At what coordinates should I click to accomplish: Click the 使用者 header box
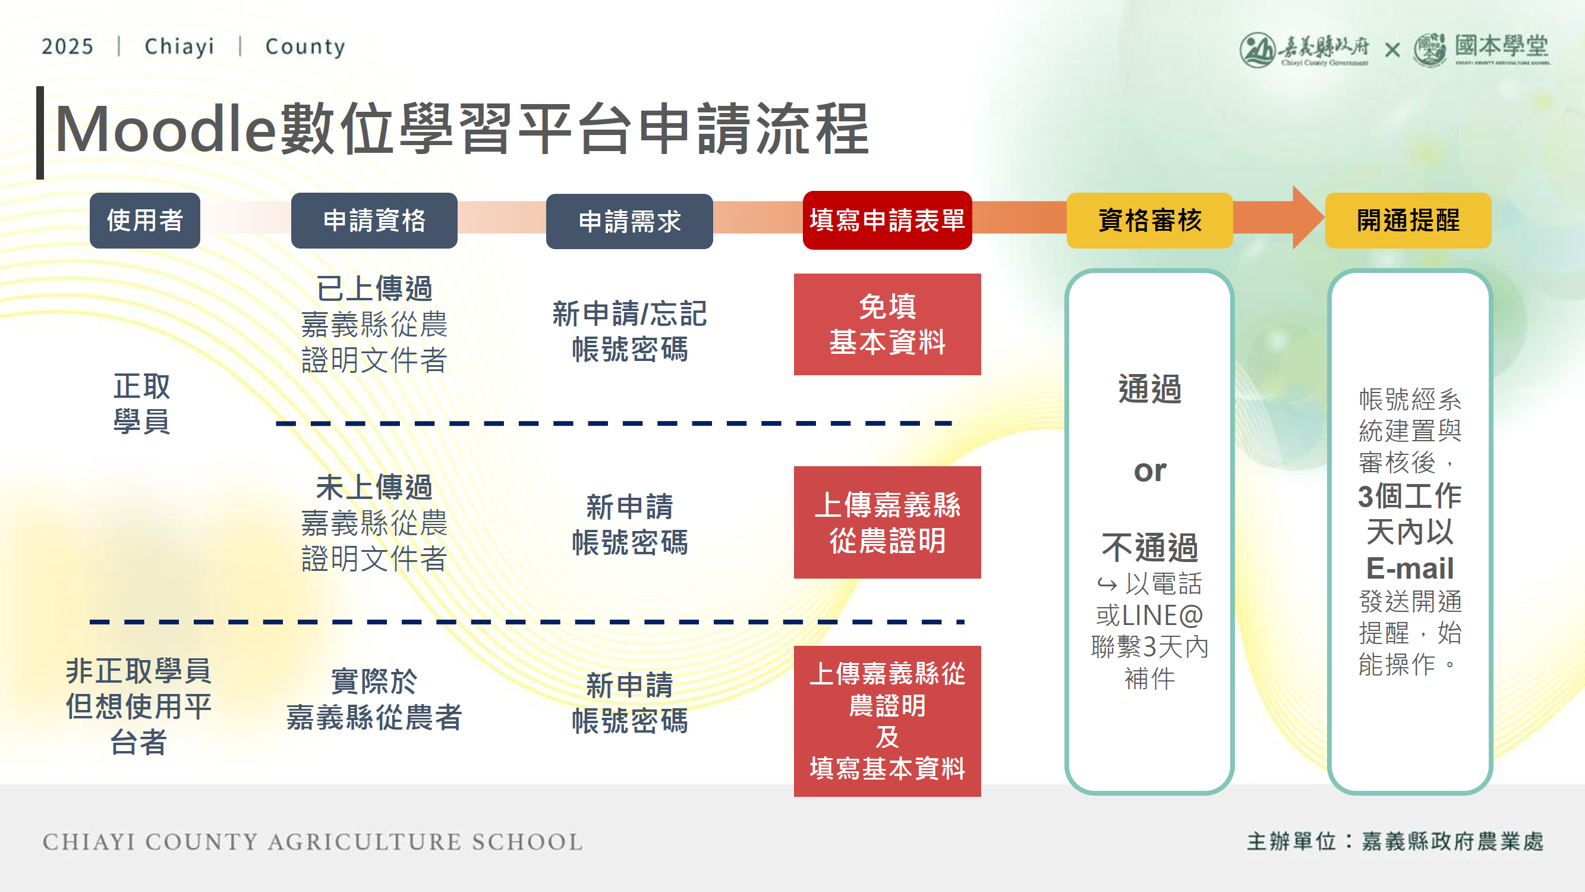click(x=144, y=221)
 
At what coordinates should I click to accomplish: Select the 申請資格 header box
click(x=374, y=221)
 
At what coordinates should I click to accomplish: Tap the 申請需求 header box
click(x=629, y=222)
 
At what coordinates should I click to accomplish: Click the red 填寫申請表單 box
click(x=887, y=221)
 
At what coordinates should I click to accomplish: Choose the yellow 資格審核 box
click(x=1149, y=221)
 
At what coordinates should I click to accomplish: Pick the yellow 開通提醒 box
click(x=1408, y=221)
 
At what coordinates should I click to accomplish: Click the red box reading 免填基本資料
click(x=887, y=325)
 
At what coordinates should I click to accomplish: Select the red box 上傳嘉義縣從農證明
click(x=887, y=522)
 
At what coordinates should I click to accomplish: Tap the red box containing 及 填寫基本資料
click(x=887, y=721)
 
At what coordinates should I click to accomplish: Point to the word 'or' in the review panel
click(x=1149, y=471)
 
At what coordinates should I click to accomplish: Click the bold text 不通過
click(x=1149, y=547)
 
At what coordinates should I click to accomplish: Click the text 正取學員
click(x=141, y=404)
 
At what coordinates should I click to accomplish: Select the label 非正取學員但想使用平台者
click(x=138, y=706)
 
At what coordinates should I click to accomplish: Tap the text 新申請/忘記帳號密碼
click(x=629, y=331)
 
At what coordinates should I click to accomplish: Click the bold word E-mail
click(x=1409, y=567)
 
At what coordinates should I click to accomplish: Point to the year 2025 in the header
click(x=67, y=47)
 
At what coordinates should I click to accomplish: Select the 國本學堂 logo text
click(x=1501, y=46)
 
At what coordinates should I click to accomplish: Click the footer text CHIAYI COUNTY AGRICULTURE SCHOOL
click(x=313, y=841)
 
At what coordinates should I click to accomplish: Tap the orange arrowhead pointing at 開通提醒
click(x=1307, y=218)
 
